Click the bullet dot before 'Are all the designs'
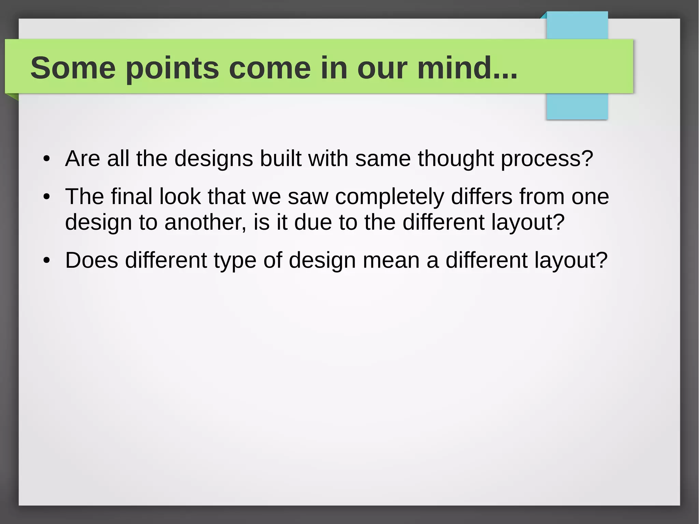tap(47, 159)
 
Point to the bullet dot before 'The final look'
tap(47, 197)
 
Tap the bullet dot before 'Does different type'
tap(47, 260)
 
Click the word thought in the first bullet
tap(456, 159)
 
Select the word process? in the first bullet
tap(547, 159)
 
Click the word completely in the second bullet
tap(389, 197)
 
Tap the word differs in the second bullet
tap(482, 197)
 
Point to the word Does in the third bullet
tap(91, 260)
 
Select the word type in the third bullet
tap(235, 260)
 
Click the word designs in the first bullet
tap(214, 159)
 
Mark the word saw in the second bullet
tap(308, 197)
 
